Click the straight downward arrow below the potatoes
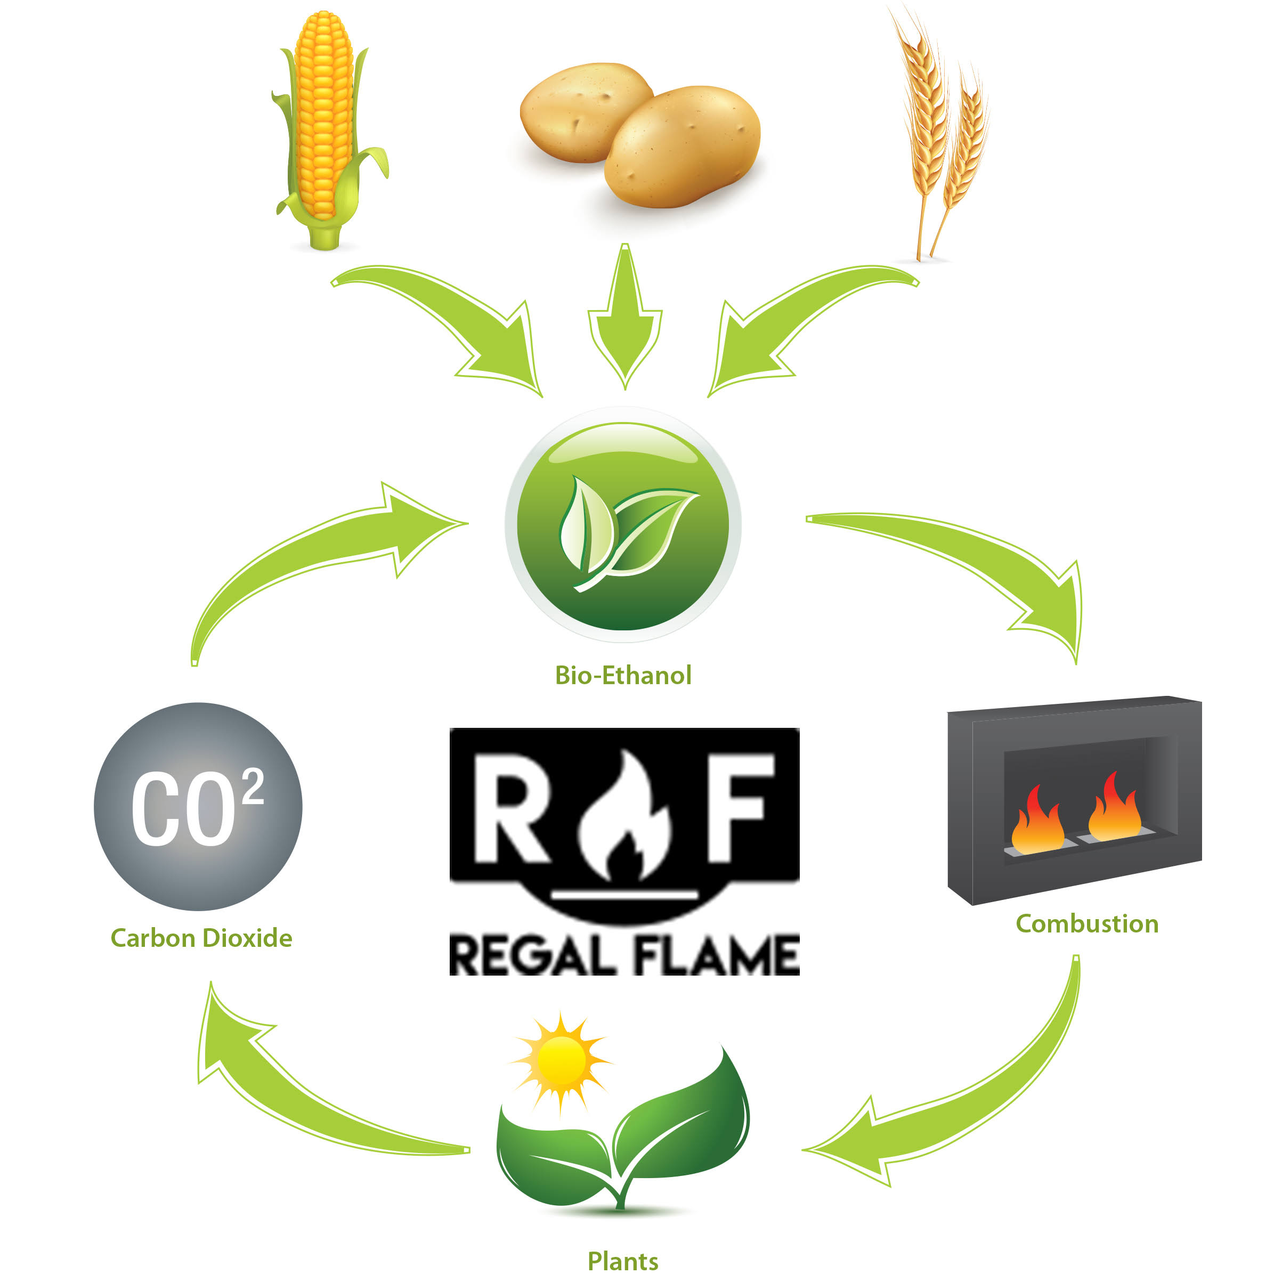click(x=624, y=325)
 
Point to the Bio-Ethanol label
click(x=623, y=676)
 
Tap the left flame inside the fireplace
click(x=1036, y=823)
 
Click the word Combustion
click(x=1087, y=924)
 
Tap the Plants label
click(x=623, y=1261)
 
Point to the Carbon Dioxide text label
click(x=201, y=938)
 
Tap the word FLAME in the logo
click(x=717, y=955)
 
